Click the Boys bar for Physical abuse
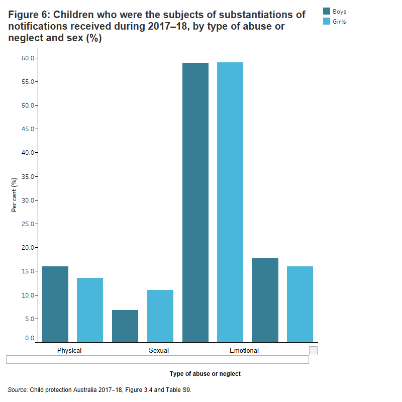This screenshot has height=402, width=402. coord(55,304)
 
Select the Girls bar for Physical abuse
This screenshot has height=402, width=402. coord(90,310)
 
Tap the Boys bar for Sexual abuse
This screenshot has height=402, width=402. coord(125,326)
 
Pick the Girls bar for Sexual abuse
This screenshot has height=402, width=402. coord(160,316)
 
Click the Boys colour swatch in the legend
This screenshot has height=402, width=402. coord(327,11)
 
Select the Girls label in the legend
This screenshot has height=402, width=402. coord(339,22)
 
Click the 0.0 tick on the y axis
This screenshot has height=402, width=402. coord(29,339)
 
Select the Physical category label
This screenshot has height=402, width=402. coord(69,350)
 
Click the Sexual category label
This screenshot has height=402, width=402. coord(159,350)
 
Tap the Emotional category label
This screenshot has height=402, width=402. coord(244,350)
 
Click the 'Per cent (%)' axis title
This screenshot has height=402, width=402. coord(14,195)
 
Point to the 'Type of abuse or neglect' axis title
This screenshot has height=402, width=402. coord(205,374)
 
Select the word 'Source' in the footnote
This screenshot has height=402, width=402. coord(18,389)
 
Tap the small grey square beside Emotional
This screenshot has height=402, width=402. coord(313,350)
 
